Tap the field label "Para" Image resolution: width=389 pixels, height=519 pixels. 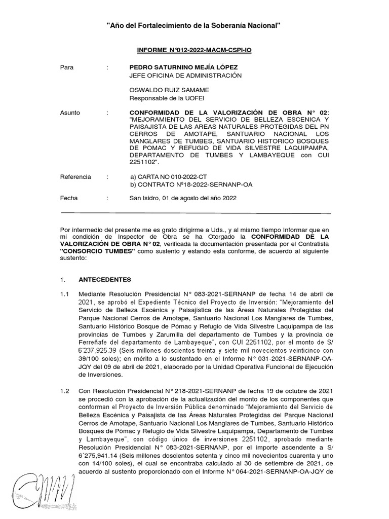(67, 67)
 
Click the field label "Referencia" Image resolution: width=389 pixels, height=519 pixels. (75, 177)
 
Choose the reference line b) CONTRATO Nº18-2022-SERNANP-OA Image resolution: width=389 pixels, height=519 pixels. (191, 184)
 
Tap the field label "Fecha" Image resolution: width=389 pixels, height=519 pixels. (69, 198)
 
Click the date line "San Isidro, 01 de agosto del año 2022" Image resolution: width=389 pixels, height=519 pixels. (183, 198)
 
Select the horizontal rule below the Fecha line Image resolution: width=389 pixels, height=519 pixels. (196, 213)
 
